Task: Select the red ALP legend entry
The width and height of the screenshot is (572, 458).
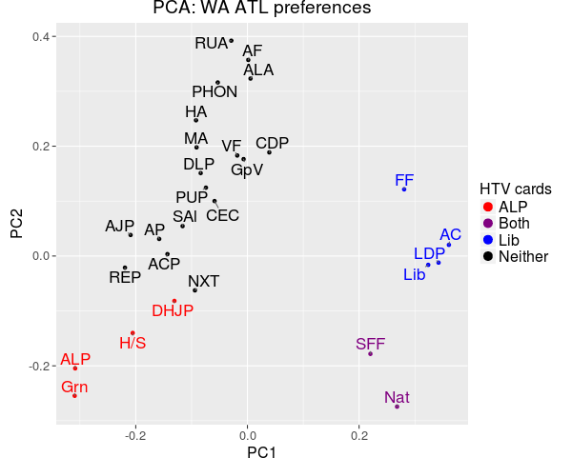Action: pos(513,207)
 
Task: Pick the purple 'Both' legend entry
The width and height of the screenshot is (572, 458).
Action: pos(514,224)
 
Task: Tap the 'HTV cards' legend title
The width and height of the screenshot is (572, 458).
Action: pos(515,189)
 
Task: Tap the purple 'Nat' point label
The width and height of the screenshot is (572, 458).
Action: pos(398,397)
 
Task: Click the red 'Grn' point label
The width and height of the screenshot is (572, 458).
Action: pos(74,387)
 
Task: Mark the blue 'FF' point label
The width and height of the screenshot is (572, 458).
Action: pos(404,180)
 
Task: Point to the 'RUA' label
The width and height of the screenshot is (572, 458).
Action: pos(211,43)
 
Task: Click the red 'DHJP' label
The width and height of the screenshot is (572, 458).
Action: pos(173,310)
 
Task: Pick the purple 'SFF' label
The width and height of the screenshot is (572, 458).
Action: pos(370,344)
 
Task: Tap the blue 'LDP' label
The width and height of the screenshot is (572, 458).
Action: pos(429,253)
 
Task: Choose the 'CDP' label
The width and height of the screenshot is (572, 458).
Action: pos(272,143)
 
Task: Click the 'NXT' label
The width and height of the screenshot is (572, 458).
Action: pos(203,282)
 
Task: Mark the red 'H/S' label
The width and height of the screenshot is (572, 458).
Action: pos(133,343)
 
